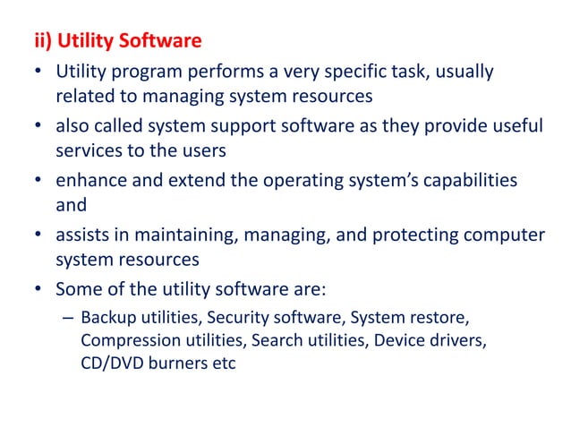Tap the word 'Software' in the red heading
pyautogui.click(x=161, y=41)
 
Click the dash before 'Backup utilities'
pyautogui.click(x=68, y=318)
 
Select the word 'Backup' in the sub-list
pyautogui.click(x=107, y=318)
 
